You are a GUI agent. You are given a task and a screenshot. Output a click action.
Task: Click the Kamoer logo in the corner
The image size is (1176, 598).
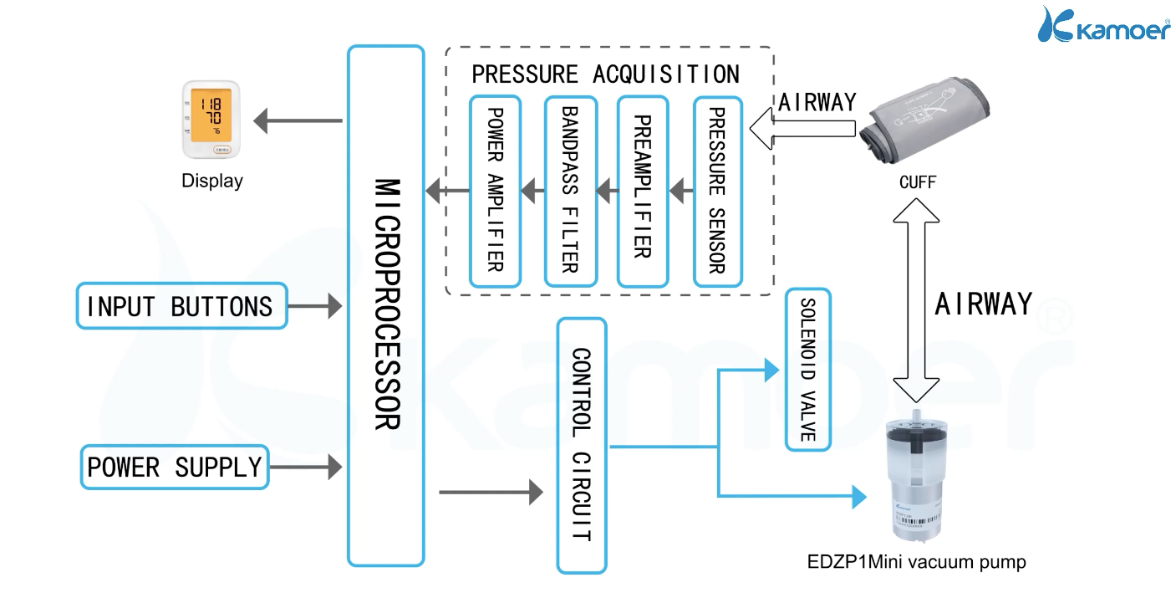(x=1104, y=25)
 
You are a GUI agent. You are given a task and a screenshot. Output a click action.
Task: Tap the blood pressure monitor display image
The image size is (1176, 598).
(x=211, y=120)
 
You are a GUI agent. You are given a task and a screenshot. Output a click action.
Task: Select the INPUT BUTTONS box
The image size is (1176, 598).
(x=181, y=306)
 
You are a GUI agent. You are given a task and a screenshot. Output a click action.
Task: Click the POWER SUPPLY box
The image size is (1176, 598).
(x=175, y=468)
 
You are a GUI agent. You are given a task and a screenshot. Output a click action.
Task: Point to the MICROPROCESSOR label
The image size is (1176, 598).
(x=388, y=304)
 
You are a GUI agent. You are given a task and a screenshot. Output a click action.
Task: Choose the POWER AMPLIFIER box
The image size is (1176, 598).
(x=495, y=192)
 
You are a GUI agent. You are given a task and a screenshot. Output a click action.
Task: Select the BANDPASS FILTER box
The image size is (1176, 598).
(x=571, y=192)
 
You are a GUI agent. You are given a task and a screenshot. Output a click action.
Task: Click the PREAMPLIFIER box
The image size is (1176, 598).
(x=643, y=192)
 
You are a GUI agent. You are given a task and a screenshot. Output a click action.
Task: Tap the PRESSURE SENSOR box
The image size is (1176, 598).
(x=718, y=192)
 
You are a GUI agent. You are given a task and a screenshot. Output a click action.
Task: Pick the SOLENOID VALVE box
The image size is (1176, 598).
(x=808, y=370)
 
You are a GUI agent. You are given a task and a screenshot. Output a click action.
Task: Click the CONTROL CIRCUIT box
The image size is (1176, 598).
(x=582, y=445)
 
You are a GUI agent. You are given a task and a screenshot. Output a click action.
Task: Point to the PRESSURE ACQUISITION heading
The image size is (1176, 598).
(x=605, y=74)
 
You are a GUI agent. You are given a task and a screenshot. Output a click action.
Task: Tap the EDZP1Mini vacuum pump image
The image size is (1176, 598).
(x=917, y=476)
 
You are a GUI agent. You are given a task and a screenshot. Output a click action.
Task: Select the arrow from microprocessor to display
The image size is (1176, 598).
(x=298, y=121)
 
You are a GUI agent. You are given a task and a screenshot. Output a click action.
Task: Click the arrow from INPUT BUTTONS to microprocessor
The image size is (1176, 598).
(x=314, y=306)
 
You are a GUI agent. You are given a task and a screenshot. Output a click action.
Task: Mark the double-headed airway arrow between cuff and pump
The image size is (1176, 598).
(x=916, y=300)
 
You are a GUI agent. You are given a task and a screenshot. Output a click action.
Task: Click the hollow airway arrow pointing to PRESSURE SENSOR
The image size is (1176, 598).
(x=802, y=129)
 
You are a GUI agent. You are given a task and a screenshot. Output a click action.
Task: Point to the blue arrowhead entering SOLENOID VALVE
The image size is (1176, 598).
(x=771, y=370)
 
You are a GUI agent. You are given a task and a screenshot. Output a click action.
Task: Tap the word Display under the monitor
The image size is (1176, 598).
(x=212, y=181)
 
